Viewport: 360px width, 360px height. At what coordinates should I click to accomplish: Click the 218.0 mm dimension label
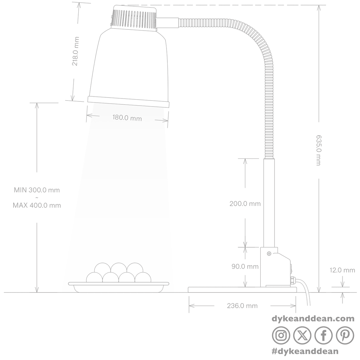point(76,51)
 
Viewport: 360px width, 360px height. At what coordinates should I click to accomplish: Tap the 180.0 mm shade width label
point(127,118)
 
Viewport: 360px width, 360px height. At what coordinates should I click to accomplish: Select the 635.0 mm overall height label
point(319,150)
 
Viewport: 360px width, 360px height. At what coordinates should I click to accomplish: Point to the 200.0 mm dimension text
point(245,204)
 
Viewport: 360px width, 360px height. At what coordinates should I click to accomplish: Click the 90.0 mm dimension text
point(245,266)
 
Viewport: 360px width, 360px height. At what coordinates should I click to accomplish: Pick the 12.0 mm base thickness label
point(342,270)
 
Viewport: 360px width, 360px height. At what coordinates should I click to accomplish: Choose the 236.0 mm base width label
point(242,306)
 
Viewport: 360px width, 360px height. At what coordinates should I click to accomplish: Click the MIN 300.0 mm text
point(37,190)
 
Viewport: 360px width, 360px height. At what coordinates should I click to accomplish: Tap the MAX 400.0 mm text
point(37,205)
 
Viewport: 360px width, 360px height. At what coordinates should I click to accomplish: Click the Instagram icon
point(281,335)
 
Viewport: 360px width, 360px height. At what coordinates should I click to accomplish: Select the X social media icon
point(302,335)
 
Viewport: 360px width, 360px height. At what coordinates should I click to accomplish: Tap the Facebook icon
point(324,335)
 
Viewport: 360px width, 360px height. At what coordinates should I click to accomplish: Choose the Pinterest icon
point(345,335)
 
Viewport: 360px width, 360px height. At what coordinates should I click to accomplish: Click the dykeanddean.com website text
point(313,319)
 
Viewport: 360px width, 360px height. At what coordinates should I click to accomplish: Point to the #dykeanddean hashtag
point(305,351)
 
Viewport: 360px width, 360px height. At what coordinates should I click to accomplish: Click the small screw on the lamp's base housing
point(269,253)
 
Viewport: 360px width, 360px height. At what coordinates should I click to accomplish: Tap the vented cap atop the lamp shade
point(134,18)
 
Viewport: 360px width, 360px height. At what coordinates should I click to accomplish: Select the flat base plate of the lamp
point(242,290)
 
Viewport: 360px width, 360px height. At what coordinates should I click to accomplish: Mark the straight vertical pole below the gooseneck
point(269,203)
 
